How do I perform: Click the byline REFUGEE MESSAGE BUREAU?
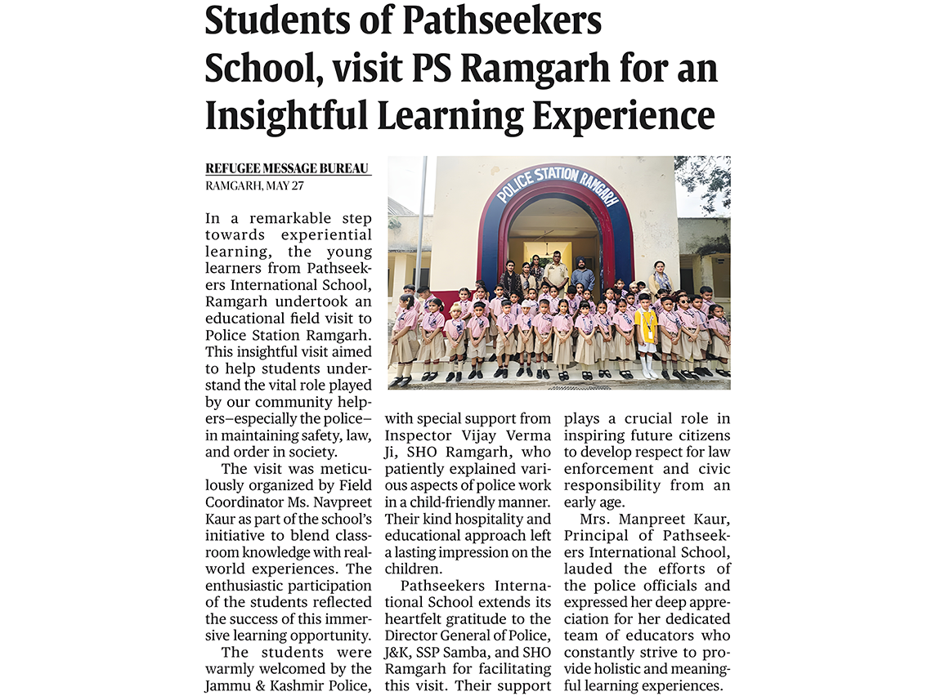coord(288,169)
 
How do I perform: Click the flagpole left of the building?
coord(421,221)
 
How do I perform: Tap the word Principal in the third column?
coord(598,535)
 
